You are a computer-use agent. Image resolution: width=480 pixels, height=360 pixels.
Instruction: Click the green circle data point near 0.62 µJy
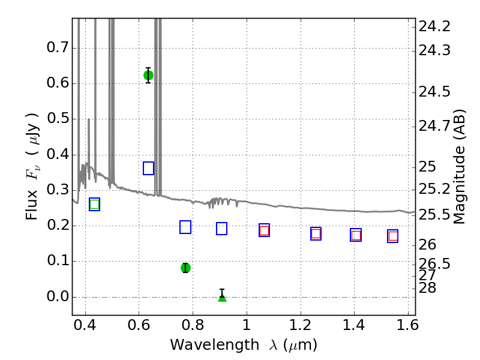[x=148, y=76]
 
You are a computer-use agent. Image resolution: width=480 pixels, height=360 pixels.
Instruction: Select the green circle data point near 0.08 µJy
[x=185, y=268]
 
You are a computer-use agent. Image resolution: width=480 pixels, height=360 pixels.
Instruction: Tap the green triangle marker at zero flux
[x=222, y=297]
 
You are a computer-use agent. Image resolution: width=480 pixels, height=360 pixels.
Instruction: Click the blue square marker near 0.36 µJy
[x=148, y=169]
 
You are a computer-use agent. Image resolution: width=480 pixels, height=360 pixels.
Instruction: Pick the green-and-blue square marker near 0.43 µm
[x=95, y=205]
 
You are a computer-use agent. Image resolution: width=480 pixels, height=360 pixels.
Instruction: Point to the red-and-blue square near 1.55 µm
[x=393, y=236]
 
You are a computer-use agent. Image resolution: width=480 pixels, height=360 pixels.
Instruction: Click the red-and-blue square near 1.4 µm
[x=356, y=235]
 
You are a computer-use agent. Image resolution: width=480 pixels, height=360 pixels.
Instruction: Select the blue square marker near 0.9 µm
[x=221, y=229]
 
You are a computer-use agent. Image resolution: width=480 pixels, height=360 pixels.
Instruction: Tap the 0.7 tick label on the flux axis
[x=57, y=48]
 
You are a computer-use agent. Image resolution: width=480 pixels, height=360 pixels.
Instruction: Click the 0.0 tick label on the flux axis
[x=57, y=296]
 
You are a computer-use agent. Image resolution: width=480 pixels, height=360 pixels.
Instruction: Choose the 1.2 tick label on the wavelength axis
[x=301, y=325]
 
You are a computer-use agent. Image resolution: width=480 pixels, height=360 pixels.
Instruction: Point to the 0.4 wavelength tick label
[x=85, y=325]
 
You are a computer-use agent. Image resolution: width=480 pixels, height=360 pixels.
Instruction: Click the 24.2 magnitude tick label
[x=434, y=27]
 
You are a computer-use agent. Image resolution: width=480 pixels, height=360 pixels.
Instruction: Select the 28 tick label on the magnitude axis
[x=427, y=288]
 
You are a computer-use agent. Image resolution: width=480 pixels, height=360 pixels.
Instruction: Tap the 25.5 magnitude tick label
[x=434, y=215]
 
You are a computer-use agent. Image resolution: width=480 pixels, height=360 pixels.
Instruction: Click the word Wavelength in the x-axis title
[x=215, y=345]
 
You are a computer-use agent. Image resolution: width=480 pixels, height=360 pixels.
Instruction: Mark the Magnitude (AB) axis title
[x=459, y=167]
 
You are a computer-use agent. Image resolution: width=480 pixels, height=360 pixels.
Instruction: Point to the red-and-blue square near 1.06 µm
[x=264, y=230]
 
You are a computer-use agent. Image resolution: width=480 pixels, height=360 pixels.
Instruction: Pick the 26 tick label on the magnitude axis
[x=427, y=245]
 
